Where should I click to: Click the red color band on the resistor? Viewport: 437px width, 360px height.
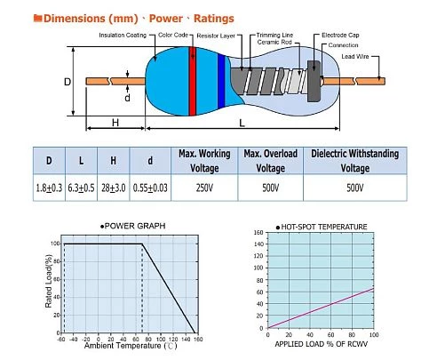193,81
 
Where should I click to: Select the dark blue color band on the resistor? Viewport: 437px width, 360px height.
221,81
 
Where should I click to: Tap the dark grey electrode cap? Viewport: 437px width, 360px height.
314,81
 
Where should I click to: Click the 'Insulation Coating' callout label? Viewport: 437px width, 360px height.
123,35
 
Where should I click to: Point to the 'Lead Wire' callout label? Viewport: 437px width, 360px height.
355,56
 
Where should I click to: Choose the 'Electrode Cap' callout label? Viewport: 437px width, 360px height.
340,35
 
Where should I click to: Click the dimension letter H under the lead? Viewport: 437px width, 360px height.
115,123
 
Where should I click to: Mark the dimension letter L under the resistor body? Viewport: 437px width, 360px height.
242,123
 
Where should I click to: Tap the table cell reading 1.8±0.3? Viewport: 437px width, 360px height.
49,188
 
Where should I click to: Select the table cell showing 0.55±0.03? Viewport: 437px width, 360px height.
150,188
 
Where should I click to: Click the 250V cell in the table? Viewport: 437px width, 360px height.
204,188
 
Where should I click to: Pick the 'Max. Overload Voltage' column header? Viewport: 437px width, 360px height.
271,161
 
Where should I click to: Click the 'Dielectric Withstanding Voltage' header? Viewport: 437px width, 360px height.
355,161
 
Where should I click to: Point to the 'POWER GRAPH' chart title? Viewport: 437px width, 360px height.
133,226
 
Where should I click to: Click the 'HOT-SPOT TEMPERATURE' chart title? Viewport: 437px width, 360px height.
322,227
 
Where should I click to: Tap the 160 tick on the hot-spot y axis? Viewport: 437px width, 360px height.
258,232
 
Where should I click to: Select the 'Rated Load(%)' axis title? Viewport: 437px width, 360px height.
49,281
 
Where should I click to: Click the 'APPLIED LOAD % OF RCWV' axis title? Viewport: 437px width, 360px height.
322,344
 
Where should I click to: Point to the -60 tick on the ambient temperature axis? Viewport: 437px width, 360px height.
61,339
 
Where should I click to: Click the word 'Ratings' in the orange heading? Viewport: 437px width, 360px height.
214,19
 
